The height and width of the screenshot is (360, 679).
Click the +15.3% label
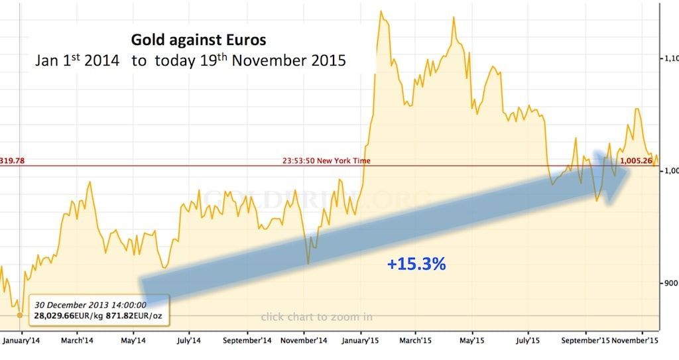[x=416, y=264]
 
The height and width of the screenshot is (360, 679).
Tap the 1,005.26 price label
[x=637, y=160]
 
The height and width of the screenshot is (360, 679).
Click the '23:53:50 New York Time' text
[x=326, y=160]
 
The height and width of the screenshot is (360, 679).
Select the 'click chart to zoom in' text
[x=316, y=316]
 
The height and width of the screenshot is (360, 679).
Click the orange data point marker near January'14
[x=20, y=315]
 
